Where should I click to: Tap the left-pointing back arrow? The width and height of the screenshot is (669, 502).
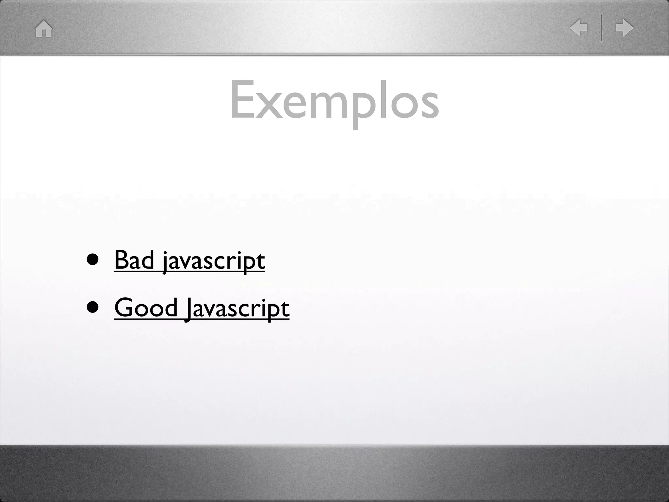(579, 28)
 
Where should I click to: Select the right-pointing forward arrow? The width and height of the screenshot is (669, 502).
(624, 28)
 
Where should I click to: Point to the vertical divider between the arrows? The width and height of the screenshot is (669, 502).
(602, 28)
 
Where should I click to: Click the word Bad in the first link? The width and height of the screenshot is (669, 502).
(134, 260)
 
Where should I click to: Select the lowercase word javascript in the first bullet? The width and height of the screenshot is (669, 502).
(214, 261)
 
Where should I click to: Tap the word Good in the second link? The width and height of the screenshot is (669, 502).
(146, 308)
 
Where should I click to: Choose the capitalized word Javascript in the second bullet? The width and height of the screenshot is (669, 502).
(237, 309)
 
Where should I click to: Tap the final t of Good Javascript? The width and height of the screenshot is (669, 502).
(285, 309)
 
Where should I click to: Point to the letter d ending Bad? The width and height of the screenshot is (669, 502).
(147, 260)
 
